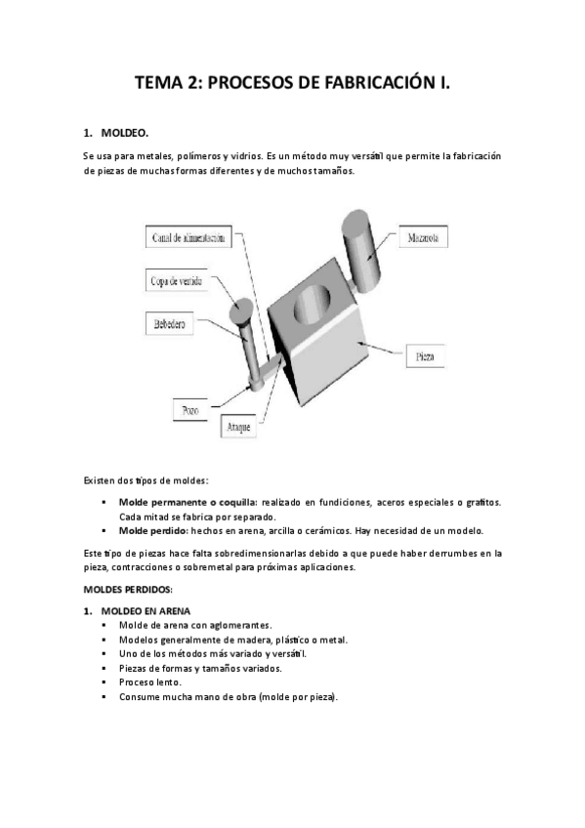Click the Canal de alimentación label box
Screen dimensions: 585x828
coord(190,237)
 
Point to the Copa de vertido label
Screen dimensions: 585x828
coord(177,280)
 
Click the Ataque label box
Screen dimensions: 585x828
coord(240,427)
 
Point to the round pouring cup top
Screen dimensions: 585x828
coord(240,310)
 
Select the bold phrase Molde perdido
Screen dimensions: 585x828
coord(153,531)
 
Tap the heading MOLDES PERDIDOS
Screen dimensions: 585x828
coord(128,589)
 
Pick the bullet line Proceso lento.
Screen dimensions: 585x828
coord(149,683)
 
